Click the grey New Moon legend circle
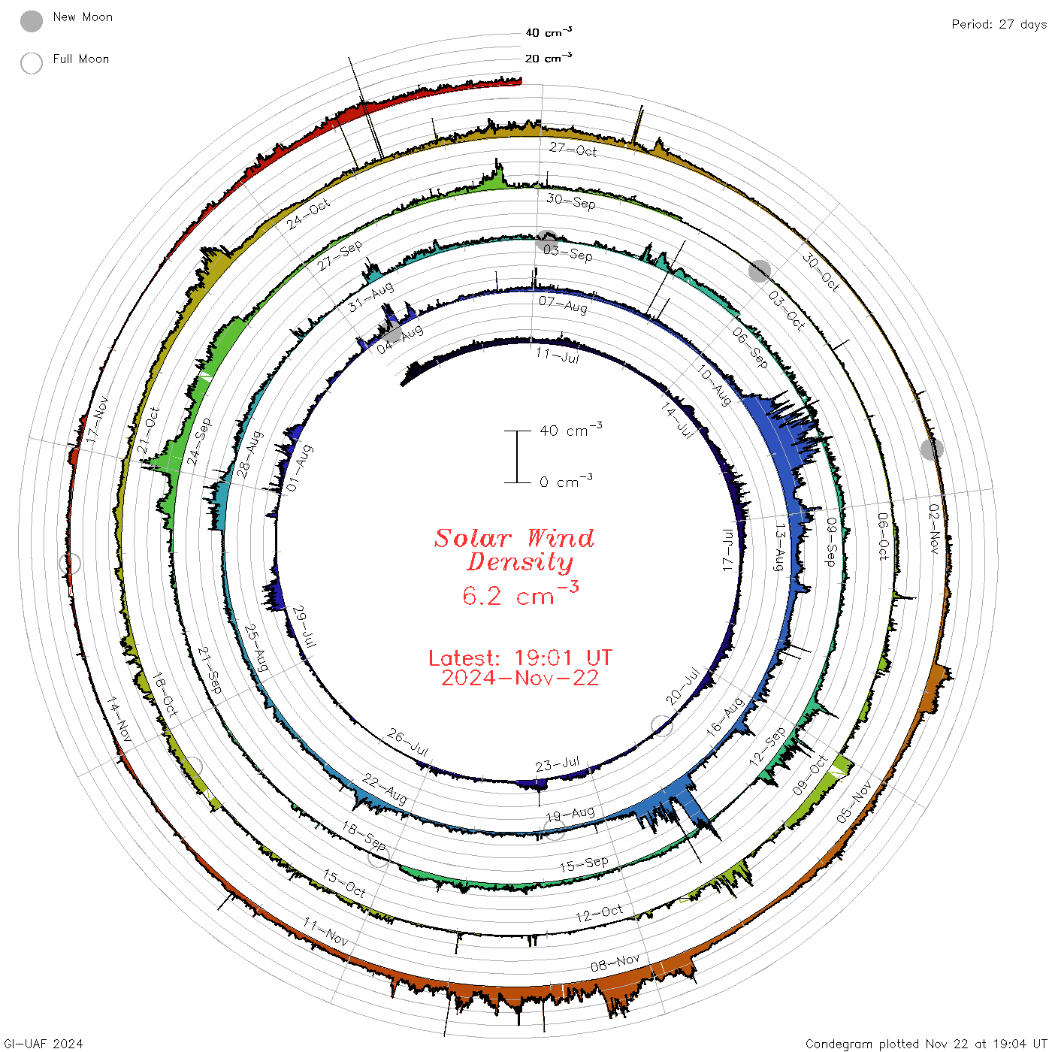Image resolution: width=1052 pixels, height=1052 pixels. [31, 21]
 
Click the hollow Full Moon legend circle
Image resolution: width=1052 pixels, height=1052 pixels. [31, 63]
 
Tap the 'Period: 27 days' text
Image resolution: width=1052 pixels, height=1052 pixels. [999, 25]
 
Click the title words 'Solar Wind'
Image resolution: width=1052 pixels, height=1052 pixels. [514, 538]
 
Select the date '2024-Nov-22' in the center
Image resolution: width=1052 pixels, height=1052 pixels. [520, 678]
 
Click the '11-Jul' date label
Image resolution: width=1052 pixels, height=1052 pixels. [558, 355]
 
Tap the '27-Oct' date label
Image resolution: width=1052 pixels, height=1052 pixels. [573, 149]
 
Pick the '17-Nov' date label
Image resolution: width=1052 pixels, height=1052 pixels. [97, 419]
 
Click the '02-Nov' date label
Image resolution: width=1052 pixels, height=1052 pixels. [934, 528]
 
